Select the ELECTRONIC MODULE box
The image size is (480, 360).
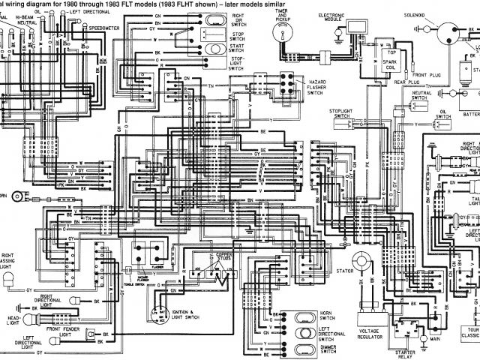(349, 31)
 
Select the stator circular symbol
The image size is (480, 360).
(364, 261)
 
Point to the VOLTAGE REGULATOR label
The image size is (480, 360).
(373, 334)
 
